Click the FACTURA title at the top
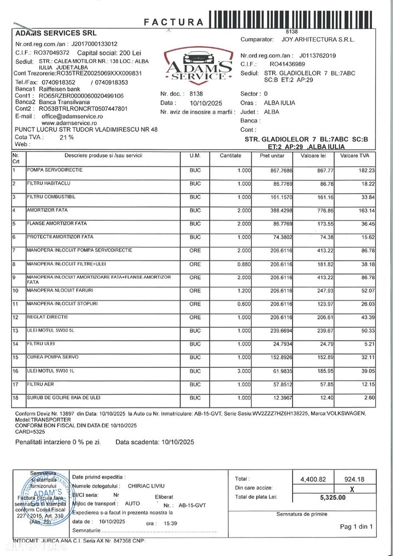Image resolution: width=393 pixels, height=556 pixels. coord(174,22)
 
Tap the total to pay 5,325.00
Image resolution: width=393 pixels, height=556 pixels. coord(333,498)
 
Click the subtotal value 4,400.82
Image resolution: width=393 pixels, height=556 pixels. coord(312,479)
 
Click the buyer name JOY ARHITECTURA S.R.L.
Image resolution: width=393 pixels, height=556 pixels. coord(318,40)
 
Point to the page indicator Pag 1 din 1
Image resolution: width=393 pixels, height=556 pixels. coord(356,527)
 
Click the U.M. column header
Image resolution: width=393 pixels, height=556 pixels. coord(194,155)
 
